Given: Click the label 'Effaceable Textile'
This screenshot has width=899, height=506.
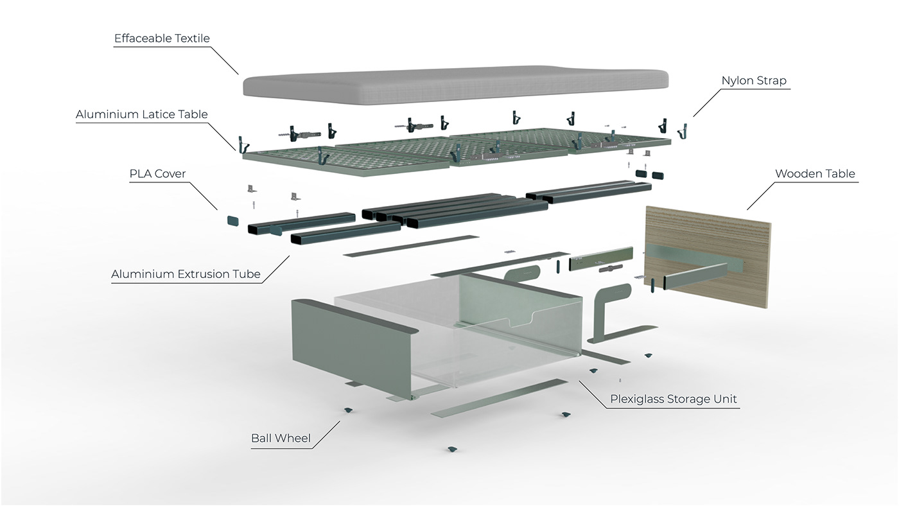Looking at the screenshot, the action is pyautogui.click(x=162, y=39).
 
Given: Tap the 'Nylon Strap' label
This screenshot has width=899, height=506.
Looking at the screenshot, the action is pyautogui.click(x=753, y=81).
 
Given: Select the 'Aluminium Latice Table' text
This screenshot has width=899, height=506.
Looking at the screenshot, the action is pyautogui.click(x=142, y=115).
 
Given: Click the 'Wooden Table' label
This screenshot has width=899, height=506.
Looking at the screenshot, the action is pyautogui.click(x=815, y=174).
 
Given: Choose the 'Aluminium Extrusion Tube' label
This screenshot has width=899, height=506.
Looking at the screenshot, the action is pyautogui.click(x=186, y=275).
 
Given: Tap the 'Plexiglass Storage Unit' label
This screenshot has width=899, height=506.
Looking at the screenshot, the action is pyautogui.click(x=674, y=399).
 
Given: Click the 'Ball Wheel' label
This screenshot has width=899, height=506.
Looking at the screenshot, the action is pyautogui.click(x=281, y=439).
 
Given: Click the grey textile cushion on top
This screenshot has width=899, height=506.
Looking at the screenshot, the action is pyautogui.click(x=455, y=84).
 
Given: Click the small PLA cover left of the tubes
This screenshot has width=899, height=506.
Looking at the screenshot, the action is pyautogui.click(x=232, y=221).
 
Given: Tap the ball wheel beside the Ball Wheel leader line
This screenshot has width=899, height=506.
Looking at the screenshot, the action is pyautogui.click(x=348, y=409).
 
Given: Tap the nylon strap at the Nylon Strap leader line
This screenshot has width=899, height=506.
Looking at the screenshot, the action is pyautogui.click(x=683, y=130).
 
